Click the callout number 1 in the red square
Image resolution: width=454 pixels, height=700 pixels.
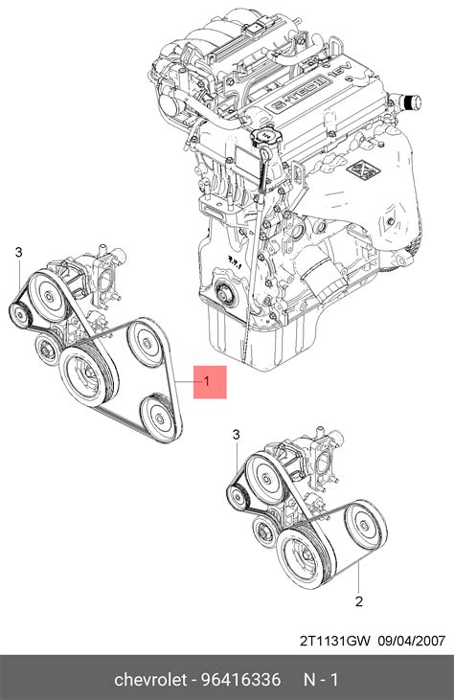pos(206,381)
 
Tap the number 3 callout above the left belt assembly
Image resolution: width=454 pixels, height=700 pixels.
pos(18,252)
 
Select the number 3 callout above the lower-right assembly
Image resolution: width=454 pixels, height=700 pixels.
pos(237,435)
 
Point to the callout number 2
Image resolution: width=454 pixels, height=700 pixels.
pos(359,601)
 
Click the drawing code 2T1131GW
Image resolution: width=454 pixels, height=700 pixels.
pos(335,641)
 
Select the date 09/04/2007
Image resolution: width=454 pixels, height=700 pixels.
pos(412,641)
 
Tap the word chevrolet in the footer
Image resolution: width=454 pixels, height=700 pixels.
pos(150,680)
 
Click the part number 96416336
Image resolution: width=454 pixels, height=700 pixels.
pos(241,680)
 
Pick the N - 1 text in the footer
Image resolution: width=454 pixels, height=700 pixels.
pos(321,680)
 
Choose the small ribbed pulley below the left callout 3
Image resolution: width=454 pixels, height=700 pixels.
pos(20,315)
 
